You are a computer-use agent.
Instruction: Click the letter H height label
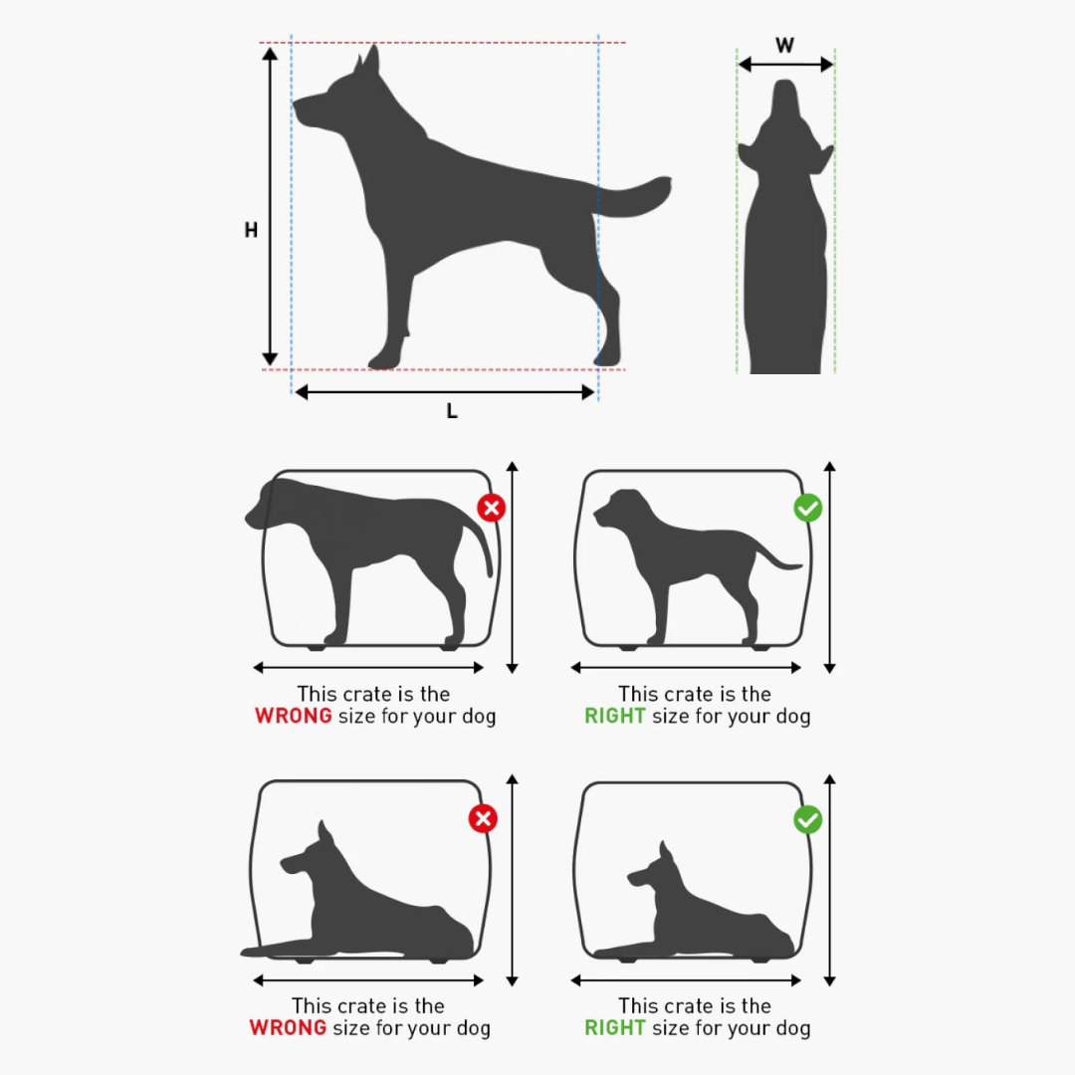pyautogui.click(x=251, y=230)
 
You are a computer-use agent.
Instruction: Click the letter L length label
pyautogui.click(x=452, y=411)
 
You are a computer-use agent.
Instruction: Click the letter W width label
pyautogui.click(x=785, y=45)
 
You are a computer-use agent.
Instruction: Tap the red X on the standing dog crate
pyautogui.click(x=492, y=508)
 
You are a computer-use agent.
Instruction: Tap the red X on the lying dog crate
pyautogui.click(x=483, y=818)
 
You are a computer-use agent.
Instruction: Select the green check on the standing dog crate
pyautogui.click(x=807, y=508)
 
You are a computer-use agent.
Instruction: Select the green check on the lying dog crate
pyautogui.click(x=807, y=820)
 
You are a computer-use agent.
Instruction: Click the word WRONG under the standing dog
pyautogui.click(x=294, y=716)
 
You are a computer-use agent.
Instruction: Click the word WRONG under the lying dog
pyautogui.click(x=288, y=1027)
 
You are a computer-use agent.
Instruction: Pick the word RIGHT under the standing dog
pyautogui.click(x=615, y=716)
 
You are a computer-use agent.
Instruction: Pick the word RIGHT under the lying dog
pyautogui.click(x=615, y=1027)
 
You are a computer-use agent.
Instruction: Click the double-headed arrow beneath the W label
pyautogui.click(x=785, y=65)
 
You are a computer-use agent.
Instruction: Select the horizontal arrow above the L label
pyautogui.click(x=444, y=392)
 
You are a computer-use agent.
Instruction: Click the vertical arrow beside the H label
pyautogui.click(x=270, y=206)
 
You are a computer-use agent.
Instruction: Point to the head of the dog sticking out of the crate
pyautogui.click(x=270, y=504)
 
